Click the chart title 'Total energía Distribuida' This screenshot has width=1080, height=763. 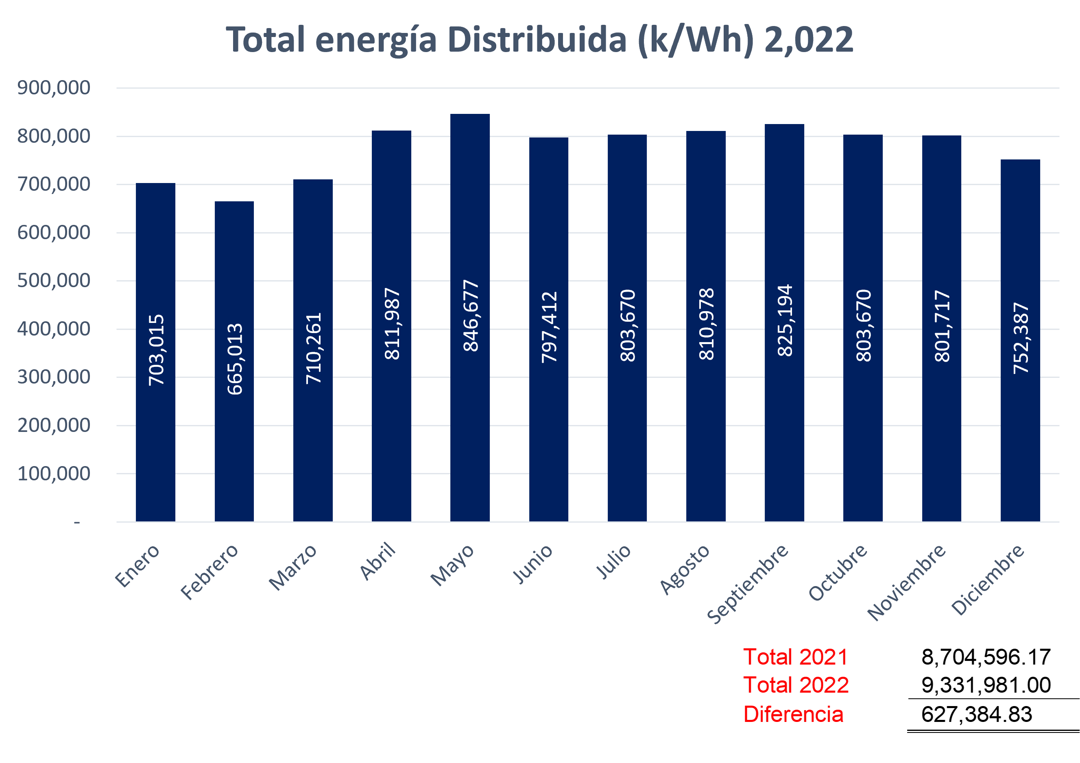[x=539, y=39]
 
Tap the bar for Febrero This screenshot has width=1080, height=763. [x=234, y=447]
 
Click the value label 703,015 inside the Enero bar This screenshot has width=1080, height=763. [x=156, y=350]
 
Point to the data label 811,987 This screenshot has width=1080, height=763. [x=392, y=324]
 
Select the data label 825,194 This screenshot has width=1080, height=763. [x=785, y=321]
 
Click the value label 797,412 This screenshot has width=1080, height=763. [x=549, y=327]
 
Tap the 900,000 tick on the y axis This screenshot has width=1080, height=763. [x=54, y=88]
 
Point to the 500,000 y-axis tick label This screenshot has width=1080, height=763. [x=54, y=281]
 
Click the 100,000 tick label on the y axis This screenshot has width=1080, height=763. [x=54, y=474]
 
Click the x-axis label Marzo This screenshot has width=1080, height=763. [x=293, y=567]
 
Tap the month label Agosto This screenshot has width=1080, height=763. [x=685, y=569]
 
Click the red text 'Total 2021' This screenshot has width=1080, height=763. [x=795, y=657]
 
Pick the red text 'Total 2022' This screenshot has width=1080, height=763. [x=796, y=685]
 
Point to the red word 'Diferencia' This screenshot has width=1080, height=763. [x=794, y=715]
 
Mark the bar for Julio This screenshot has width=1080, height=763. [x=627, y=447]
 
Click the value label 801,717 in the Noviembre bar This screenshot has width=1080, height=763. [x=942, y=326]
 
